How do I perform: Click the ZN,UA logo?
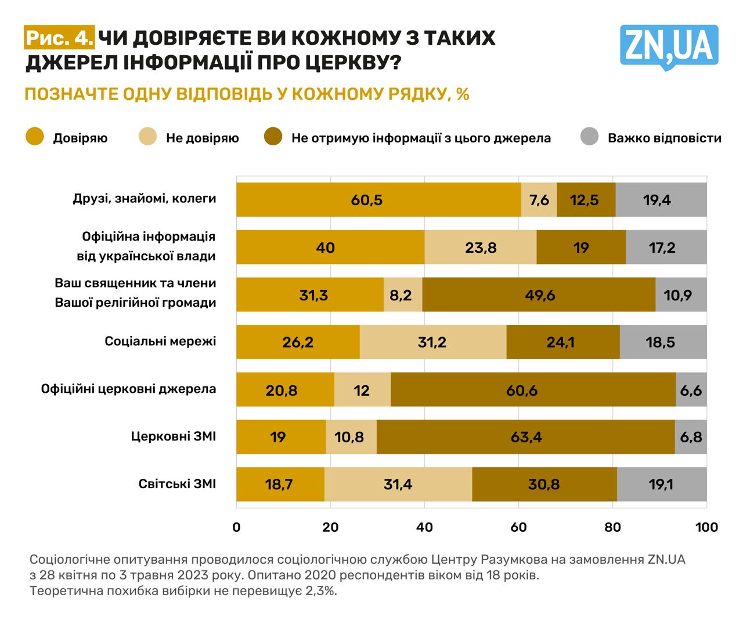pos(669,46)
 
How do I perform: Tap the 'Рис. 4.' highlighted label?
pos(59,38)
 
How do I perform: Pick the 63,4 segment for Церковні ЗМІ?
pos(525,437)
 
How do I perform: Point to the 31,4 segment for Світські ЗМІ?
pos(398,484)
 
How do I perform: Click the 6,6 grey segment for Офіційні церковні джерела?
pos(691,390)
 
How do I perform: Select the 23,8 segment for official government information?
pos(481,248)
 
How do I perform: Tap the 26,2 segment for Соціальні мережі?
pos(298,342)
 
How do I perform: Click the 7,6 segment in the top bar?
pos(539,200)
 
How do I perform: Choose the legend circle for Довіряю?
pos(35,137)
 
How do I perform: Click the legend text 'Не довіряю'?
pos(202,138)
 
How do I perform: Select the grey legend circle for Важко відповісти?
pos(589,137)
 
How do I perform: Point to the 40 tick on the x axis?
pos(424,527)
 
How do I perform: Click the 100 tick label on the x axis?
pos(706,527)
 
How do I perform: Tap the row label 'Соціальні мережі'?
pos(160,341)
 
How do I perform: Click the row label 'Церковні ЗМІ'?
pos(173,436)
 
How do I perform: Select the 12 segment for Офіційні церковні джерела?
pos(362,390)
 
